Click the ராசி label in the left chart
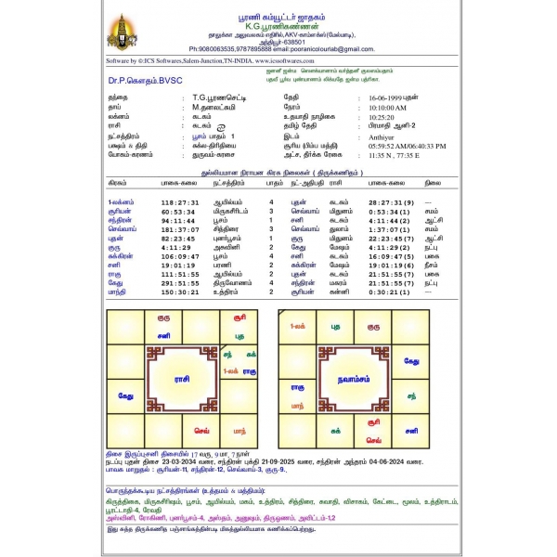(x=182, y=379)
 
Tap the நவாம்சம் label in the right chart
(x=354, y=380)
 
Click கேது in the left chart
(x=125, y=395)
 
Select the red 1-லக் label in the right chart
(x=299, y=327)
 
